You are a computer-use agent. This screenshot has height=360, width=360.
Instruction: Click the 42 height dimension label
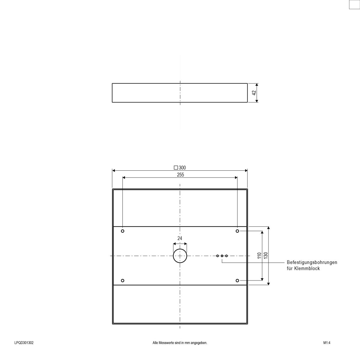click(x=254, y=93)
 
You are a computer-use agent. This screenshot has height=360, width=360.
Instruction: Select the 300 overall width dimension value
click(x=182, y=168)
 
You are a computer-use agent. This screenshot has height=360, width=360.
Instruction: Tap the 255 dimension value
click(x=180, y=175)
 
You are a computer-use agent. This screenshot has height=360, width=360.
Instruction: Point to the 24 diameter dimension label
click(x=180, y=238)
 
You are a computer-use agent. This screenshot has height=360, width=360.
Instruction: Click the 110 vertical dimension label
click(x=259, y=256)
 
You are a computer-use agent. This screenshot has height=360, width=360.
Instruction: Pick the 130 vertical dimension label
click(x=265, y=256)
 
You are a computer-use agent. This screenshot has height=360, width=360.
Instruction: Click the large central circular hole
click(x=180, y=256)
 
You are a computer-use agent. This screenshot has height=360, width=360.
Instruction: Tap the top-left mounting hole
click(x=123, y=231)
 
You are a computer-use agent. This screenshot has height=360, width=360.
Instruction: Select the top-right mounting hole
click(x=237, y=231)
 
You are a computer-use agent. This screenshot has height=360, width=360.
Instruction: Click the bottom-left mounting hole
click(x=123, y=280)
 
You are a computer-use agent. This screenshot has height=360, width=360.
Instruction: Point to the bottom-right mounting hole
click(x=237, y=280)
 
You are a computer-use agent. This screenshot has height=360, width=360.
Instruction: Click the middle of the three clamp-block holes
click(x=222, y=256)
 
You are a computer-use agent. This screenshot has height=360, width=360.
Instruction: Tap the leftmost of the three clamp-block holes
click(x=217, y=256)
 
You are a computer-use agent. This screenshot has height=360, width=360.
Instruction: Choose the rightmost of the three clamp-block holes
click(x=226, y=256)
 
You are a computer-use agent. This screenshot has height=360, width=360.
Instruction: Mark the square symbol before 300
click(x=176, y=168)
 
